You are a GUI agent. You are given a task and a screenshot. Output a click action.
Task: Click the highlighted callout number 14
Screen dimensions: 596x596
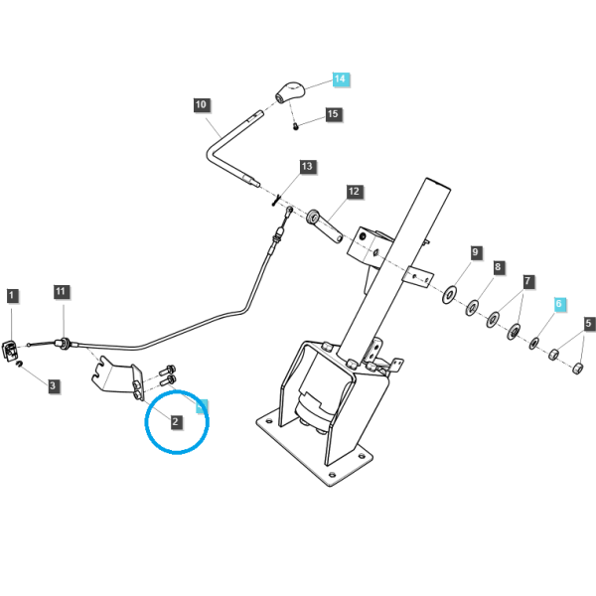click(x=340, y=79)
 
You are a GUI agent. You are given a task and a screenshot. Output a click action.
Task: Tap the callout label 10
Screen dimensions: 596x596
click(x=201, y=104)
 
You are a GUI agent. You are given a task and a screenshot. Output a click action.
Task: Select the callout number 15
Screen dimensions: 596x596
click(x=333, y=114)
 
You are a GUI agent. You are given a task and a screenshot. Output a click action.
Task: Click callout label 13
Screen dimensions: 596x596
click(x=307, y=166)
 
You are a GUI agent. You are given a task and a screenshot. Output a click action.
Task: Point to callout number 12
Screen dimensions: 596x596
click(x=354, y=191)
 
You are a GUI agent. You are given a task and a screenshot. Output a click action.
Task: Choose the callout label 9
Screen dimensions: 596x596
click(x=475, y=252)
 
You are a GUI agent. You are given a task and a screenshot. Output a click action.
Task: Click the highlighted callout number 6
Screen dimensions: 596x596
click(x=558, y=304)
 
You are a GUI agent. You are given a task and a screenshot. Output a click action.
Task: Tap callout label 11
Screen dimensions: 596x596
click(x=61, y=292)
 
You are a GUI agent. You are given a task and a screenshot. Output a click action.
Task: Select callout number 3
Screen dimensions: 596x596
click(x=53, y=385)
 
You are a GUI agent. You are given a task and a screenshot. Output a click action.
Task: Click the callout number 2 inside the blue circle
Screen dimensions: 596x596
click(x=175, y=421)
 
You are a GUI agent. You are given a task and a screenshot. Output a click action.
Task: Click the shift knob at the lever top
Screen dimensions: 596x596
click(x=290, y=91)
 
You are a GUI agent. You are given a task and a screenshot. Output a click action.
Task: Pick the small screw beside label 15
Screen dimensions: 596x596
click(x=296, y=126)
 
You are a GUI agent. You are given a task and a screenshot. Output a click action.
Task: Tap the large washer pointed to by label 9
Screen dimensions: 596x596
click(x=450, y=295)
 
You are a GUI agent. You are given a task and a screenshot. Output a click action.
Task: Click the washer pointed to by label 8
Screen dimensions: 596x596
click(x=472, y=308)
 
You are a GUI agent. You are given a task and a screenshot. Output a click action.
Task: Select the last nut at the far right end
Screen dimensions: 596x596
click(x=578, y=368)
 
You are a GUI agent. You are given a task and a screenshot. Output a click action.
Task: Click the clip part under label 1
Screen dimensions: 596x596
click(x=10, y=351)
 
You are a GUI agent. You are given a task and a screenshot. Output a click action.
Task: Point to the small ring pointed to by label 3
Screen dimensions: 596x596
click(x=19, y=365)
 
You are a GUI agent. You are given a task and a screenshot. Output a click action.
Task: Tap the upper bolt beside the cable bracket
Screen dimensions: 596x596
click(x=167, y=370)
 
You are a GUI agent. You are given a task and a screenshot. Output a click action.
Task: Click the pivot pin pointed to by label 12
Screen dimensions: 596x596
click(x=324, y=226)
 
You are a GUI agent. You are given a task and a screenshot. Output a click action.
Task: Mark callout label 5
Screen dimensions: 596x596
click(x=589, y=324)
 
